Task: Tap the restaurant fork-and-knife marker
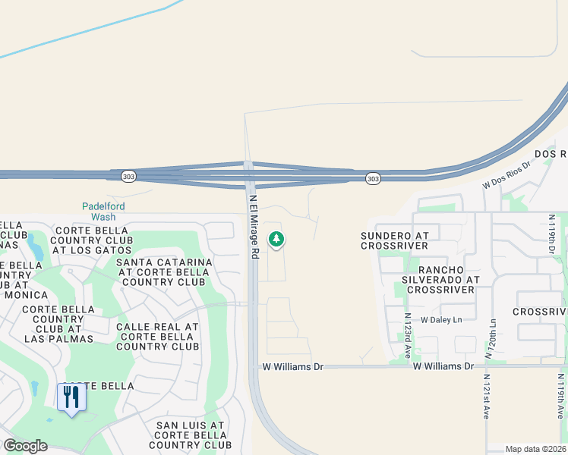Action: pos(71,396)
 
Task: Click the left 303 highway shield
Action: pos(128,176)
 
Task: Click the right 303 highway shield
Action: pos(372,178)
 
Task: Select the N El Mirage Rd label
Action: pos(255,224)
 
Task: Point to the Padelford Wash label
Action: pos(103,211)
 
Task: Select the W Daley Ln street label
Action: pos(440,320)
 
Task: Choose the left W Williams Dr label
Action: pos(293,366)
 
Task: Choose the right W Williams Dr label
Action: pos(443,366)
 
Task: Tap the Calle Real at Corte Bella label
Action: pos(157,337)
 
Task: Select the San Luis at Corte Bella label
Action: pos(190,435)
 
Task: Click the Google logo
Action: pos(25,446)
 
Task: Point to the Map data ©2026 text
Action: pos(535,449)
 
